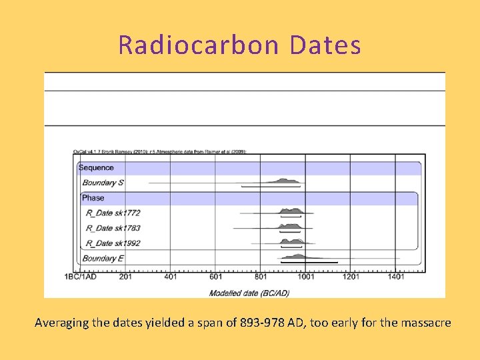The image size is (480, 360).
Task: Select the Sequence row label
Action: click(x=96, y=168)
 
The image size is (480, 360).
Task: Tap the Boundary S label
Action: click(x=103, y=183)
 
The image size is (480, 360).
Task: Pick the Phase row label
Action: click(x=93, y=198)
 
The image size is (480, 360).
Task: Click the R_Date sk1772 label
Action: click(x=113, y=213)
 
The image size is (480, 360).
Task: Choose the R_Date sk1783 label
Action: click(x=113, y=228)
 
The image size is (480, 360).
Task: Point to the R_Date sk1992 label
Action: click(x=113, y=243)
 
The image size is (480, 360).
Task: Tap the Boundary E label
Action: click(x=103, y=259)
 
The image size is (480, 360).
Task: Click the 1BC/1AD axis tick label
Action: click(x=81, y=277)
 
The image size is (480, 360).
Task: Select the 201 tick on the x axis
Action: click(x=125, y=277)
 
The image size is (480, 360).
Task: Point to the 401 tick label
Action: click(x=170, y=277)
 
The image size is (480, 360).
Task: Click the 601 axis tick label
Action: click(x=215, y=277)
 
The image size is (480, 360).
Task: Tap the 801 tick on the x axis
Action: click(x=261, y=277)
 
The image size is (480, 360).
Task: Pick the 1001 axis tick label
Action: click(x=305, y=277)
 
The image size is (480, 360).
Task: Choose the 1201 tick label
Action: click(x=351, y=277)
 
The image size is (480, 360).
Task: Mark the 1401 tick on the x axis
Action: click(x=396, y=277)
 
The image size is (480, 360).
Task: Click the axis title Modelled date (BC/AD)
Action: click(x=249, y=293)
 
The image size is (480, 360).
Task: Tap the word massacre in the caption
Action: click(x=425, y=323)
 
